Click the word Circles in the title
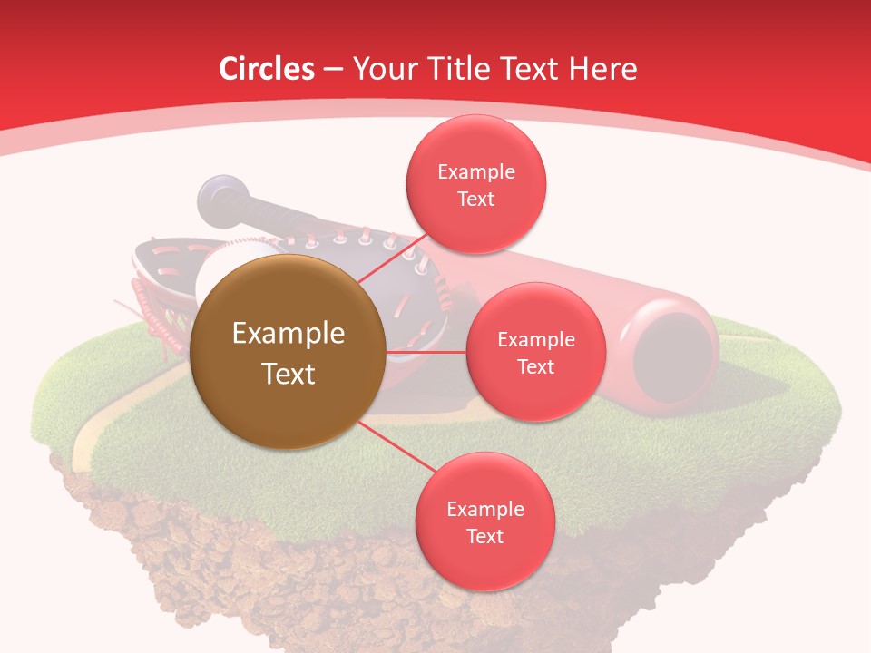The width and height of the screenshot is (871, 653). [x=267, y=69]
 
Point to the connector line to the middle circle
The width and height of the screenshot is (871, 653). [x=426, y=352]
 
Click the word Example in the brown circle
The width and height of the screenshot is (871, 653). [x=289, y=334]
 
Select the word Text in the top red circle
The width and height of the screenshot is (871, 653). [x=476, y=199]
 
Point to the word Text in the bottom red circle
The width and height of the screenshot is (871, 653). [x=484, y=536]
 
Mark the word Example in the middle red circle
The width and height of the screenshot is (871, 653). [x=536, y=340]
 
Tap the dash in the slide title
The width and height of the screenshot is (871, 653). [x=333, y=70]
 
